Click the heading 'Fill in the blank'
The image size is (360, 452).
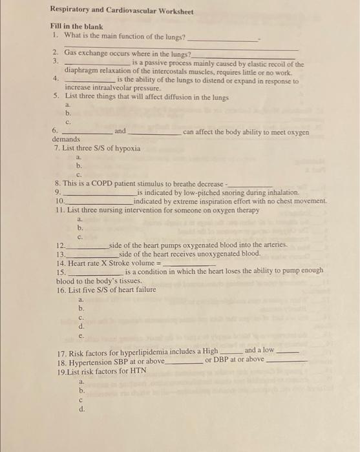coord(73,26)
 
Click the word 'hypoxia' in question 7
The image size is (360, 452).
coord(127,149)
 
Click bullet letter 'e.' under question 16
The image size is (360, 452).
coord(81,335)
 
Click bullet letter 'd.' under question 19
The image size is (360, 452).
coord(81,409)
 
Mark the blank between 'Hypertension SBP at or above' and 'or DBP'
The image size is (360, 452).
coord(184,362)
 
